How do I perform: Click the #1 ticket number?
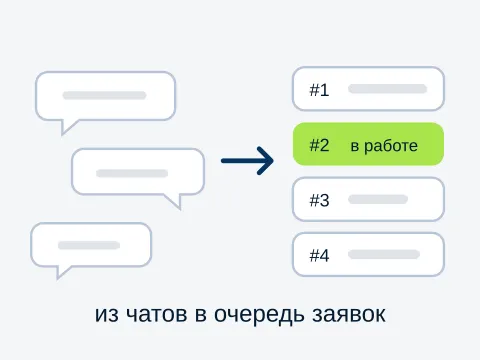pos(319,90)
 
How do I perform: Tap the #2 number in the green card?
pos(319,145)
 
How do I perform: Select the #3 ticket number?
pos(319,200)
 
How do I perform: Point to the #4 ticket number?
pos(319,256)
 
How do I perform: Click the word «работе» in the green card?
pos(391,146)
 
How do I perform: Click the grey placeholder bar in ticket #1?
pos(388,89)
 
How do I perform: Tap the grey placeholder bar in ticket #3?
pos(378,199)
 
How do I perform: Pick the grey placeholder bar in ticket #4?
pos(384,254)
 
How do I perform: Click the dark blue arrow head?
pos(266,161)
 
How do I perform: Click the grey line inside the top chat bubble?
pos(104,95)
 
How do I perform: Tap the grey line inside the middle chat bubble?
pos(132,173)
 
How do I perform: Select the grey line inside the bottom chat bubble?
pos(89,245)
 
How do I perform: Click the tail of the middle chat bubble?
pos(175,201)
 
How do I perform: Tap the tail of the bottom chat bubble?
pos(61,271)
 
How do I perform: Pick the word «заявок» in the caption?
pos(349,314)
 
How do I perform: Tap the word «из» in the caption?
pos(107,314)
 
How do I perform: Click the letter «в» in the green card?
pos(355,147)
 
